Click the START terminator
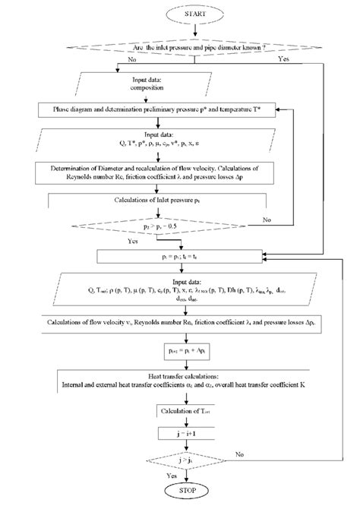pos(196,13)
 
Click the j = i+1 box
pos(182,434)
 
